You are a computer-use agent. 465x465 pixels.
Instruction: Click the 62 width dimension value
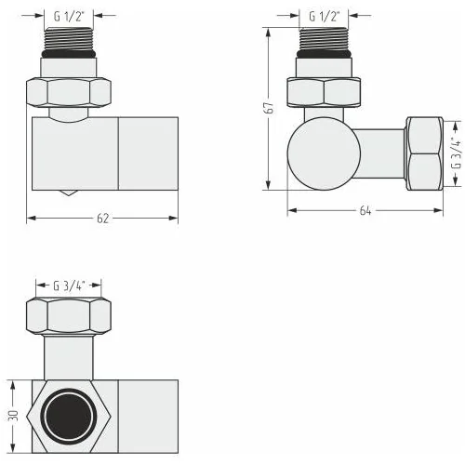(102, 219)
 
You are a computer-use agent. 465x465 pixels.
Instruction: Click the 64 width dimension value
(365, 211)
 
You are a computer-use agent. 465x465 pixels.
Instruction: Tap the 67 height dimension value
(269, 108)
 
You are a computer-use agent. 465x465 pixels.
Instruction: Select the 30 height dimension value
(13, 416)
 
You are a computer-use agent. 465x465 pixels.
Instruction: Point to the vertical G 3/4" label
(457, 153)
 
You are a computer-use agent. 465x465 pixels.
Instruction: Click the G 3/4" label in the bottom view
(69, 286)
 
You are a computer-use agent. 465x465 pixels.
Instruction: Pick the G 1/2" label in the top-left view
(69, 16)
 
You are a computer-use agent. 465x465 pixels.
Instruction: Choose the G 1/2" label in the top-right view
(325, 16)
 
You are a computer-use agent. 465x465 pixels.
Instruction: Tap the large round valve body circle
(324, 153)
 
